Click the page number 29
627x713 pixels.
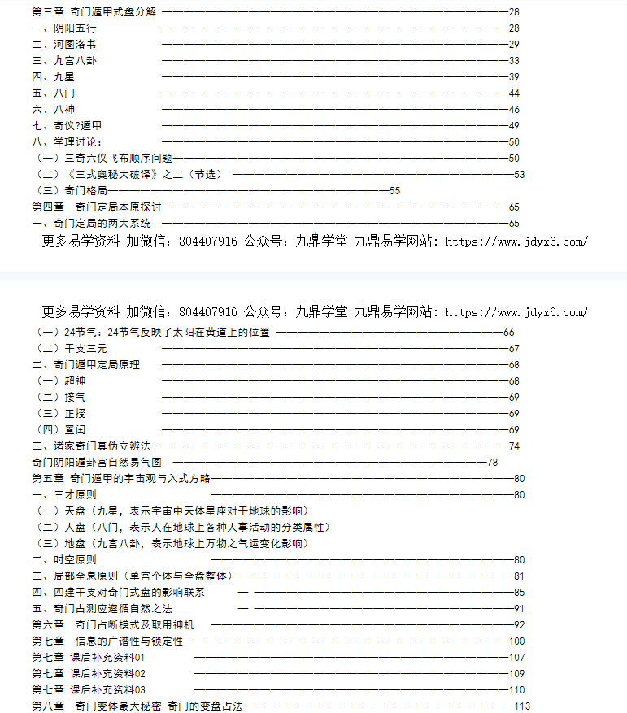point(514,45)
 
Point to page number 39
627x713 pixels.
point(514,77)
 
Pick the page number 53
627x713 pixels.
point(520,174)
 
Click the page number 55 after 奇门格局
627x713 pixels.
point(394,190)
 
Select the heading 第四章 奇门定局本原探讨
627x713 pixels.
point(97,207)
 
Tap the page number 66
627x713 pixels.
point(509,333)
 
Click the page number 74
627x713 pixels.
point(514,446)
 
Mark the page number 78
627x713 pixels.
point(492,463)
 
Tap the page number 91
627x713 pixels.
point(520,609)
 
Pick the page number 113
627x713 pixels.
point(522,706)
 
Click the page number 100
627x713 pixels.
point(517,641)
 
